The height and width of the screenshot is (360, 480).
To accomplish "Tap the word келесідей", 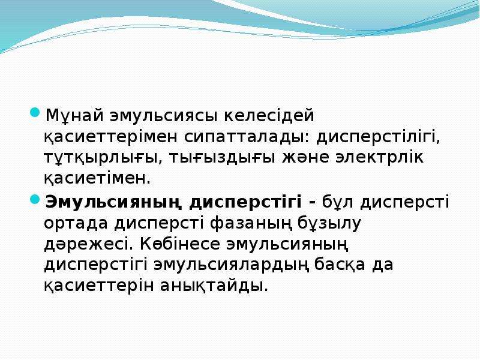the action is click(268, 115).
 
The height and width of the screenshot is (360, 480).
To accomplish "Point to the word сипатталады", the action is click(247, 137).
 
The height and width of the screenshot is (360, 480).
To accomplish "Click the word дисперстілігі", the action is click(379, 137).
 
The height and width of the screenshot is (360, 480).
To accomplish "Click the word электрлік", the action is click(380, 157).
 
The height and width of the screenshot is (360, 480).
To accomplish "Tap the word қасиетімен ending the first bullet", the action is click(97, 178).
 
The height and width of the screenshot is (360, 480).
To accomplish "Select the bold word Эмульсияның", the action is click(113, 203).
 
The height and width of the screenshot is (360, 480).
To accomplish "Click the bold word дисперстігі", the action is click(245, 203).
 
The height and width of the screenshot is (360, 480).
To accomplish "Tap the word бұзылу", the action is click(330, 223).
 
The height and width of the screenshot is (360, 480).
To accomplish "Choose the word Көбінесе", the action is click(180, 244).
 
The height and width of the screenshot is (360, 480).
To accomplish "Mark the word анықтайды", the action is click(214, 286).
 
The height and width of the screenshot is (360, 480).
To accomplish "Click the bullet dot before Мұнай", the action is click(35, 112).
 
